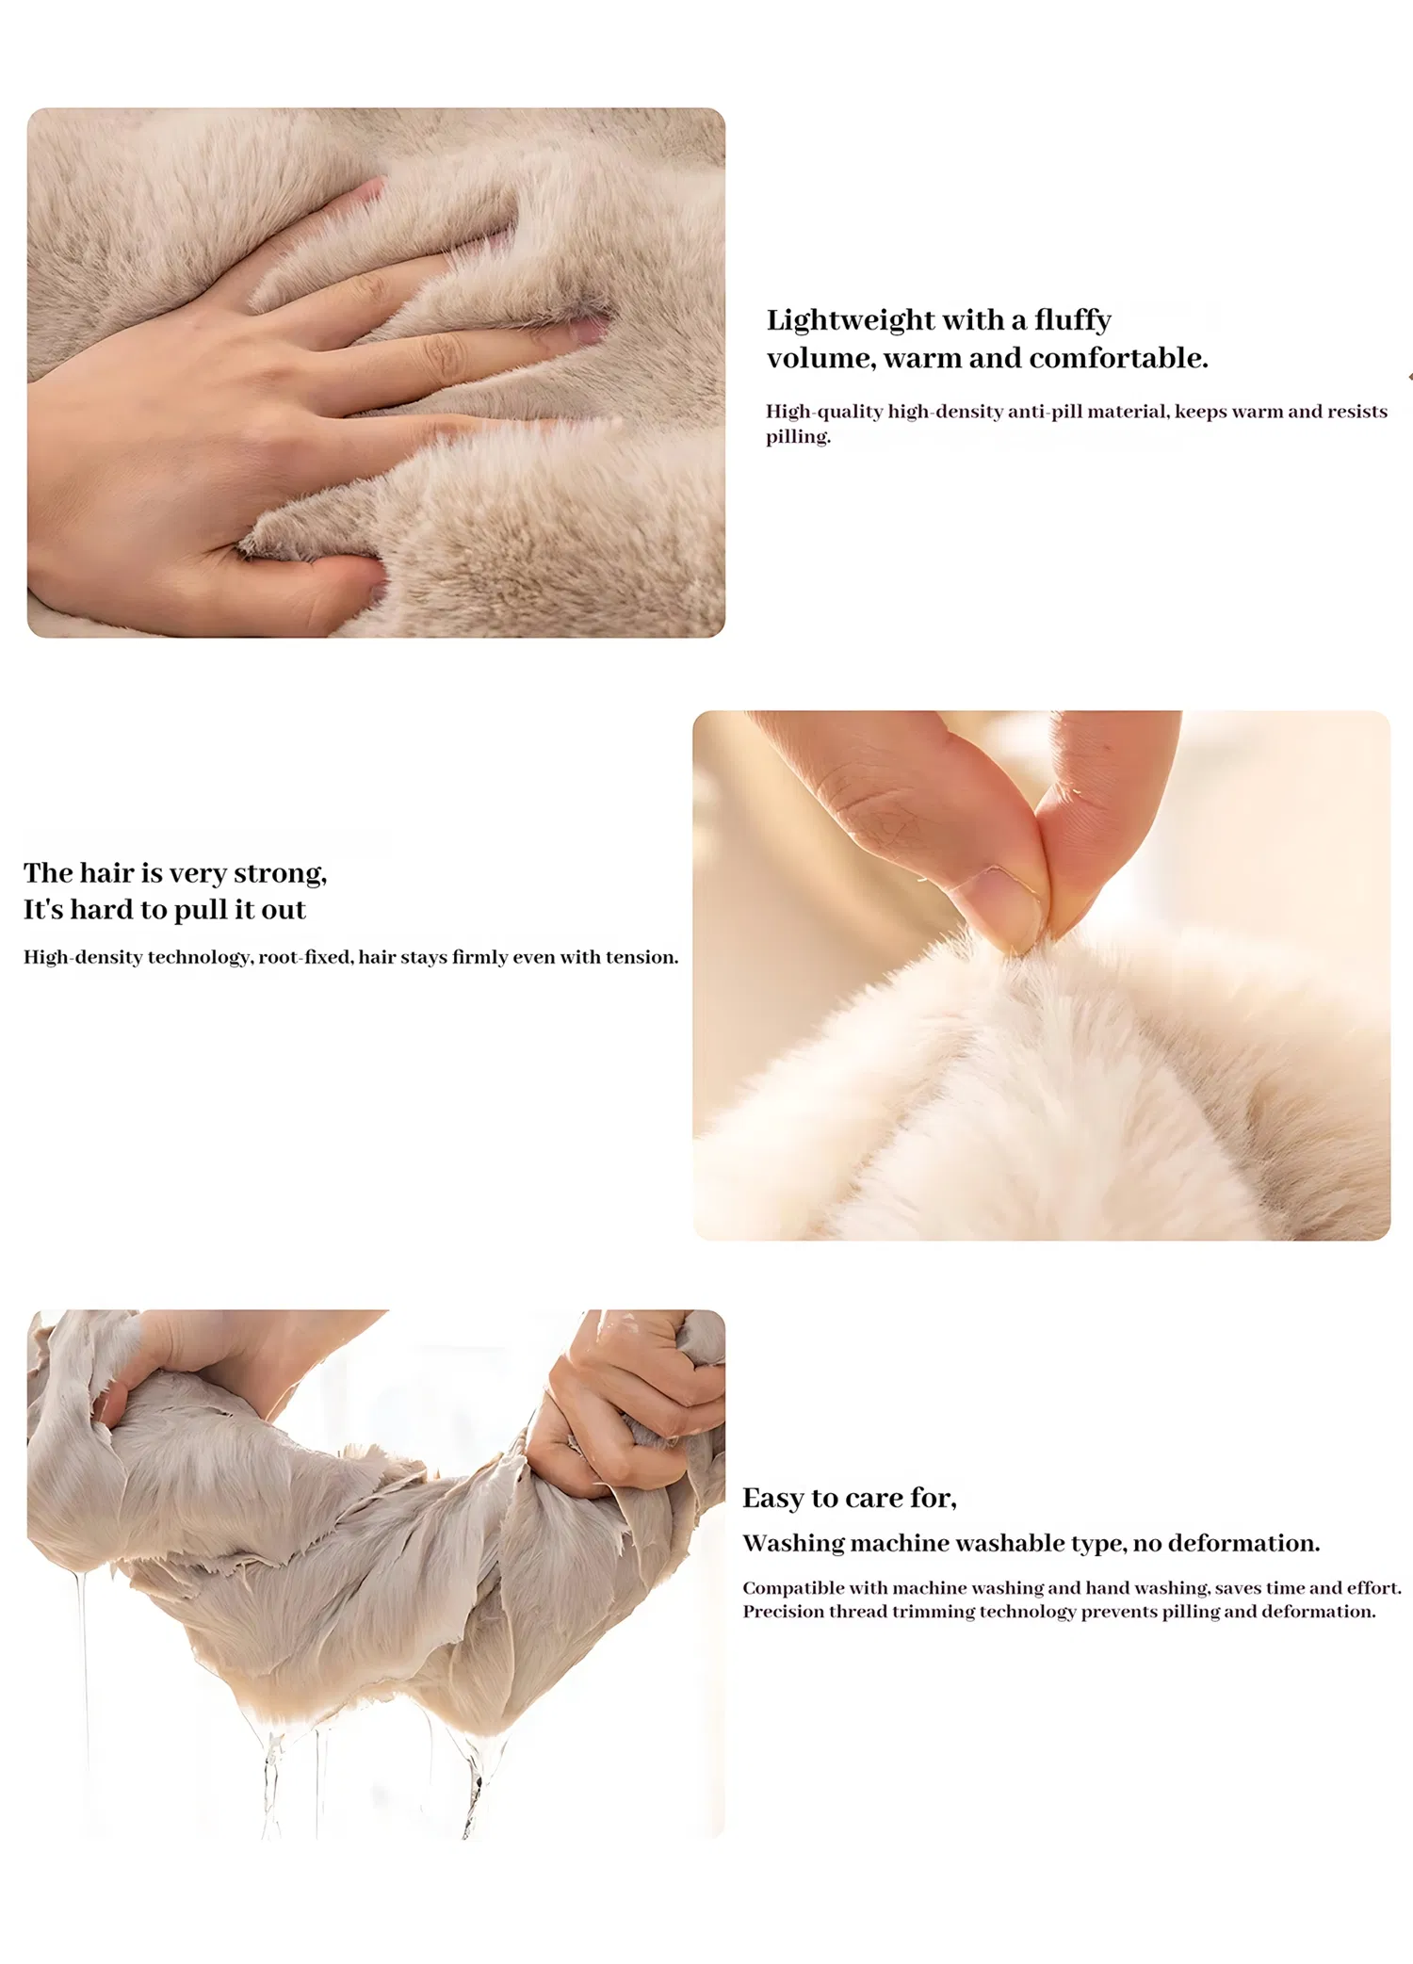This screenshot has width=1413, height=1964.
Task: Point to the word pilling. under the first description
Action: pos(797,436)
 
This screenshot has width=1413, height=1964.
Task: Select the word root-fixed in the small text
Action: pos(305,958)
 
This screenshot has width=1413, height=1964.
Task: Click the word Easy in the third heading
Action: pos(771,1499)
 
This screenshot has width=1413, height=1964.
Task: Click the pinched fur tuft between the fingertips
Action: pos(1022,951)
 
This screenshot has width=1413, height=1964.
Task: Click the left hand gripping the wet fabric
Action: pos(188,1356)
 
